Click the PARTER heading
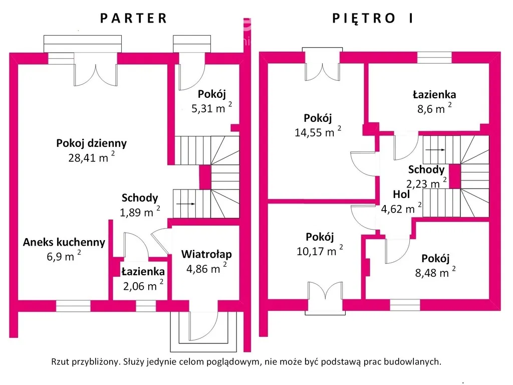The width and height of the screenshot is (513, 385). [133, 19]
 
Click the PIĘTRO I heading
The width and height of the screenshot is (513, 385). [373, 19]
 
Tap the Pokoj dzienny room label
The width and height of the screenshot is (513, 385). [91, 143]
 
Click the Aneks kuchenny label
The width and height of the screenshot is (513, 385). [64, 243]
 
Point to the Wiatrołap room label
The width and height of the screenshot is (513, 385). [206, 254]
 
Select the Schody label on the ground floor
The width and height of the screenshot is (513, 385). [139, 198]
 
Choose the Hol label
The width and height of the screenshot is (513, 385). [402, 195]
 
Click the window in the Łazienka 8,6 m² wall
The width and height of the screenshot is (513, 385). [434, 58]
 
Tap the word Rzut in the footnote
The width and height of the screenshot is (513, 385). [60, 362]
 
